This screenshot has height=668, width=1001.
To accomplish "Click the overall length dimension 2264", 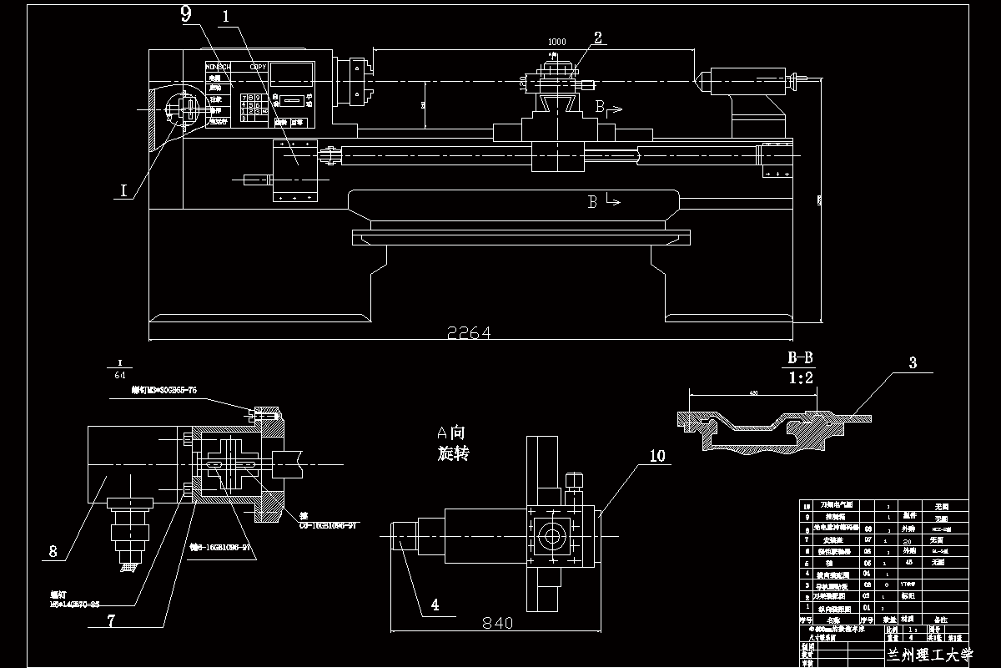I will (469, 332).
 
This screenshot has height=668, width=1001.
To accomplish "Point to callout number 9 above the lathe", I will (185, 13).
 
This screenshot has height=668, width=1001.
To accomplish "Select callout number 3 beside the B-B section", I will (913, 363).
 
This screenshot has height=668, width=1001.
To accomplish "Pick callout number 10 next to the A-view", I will (657, 456).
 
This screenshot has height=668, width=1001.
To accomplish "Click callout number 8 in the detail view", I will (54, 551).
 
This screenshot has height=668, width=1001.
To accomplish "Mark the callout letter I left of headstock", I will (123, 191).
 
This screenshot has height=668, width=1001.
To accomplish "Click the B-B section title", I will (800, 358).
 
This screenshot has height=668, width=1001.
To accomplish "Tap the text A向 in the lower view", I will (451, 433).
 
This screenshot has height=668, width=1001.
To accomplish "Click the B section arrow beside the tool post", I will (608, 108).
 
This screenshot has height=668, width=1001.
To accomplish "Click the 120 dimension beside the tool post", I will (523, 83).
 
